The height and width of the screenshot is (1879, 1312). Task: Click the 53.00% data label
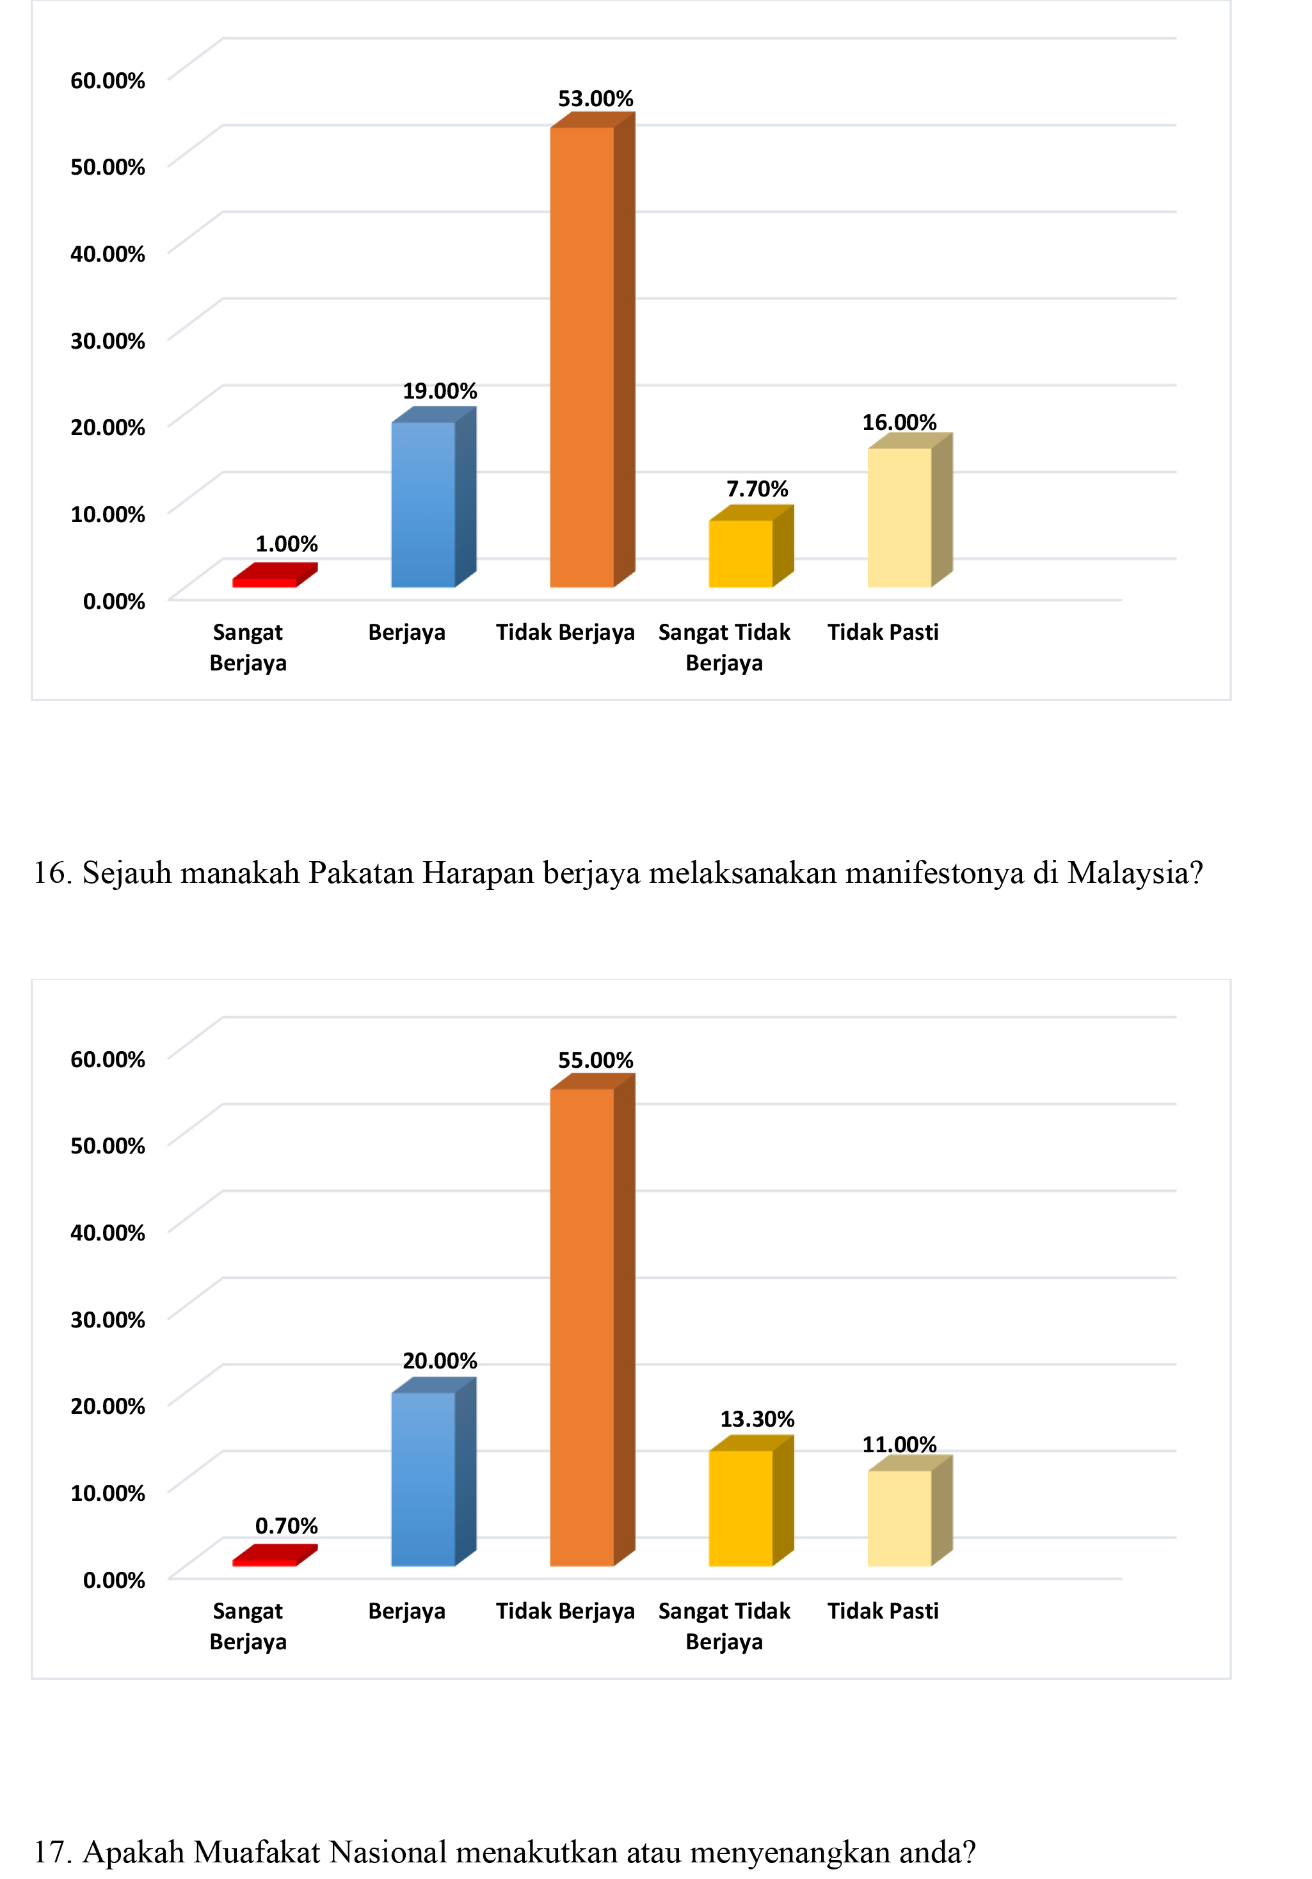595,99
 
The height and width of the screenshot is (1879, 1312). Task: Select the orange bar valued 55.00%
582,1326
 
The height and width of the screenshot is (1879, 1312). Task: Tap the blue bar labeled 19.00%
423,504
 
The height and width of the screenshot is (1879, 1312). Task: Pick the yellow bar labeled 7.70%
740,553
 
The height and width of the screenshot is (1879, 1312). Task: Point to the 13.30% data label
757,1418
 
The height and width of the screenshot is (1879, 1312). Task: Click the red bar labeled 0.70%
264,1562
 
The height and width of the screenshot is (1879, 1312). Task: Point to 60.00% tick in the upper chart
108,80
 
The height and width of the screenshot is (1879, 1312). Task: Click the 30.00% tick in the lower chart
108,1319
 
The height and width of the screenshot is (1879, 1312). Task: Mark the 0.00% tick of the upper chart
114,601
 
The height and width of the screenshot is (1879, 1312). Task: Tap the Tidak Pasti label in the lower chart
883,1610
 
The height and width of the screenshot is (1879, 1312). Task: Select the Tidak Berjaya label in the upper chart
564,632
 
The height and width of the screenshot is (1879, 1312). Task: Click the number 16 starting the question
51,873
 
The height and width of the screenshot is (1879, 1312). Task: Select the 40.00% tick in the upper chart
108,254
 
